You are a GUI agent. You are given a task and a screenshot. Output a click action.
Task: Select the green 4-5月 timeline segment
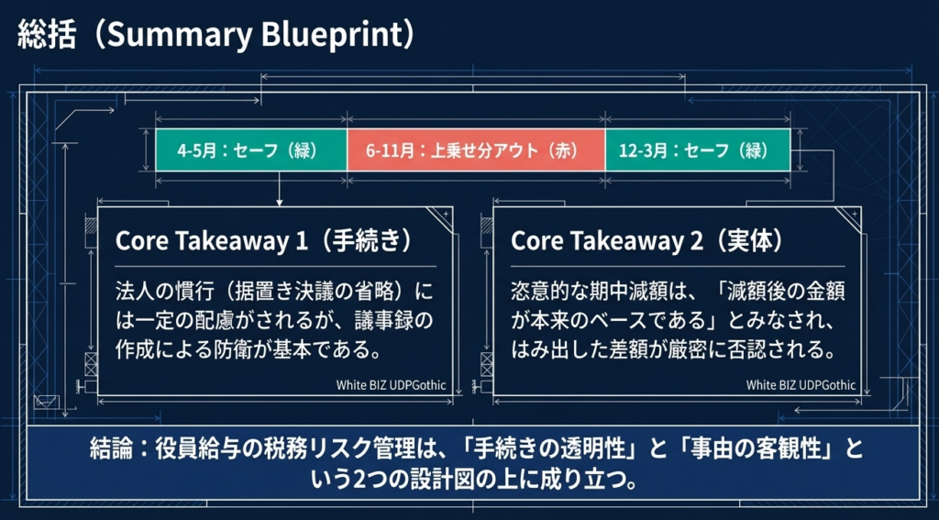[249, 149]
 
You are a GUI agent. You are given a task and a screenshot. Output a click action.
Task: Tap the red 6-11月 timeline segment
[475, 149]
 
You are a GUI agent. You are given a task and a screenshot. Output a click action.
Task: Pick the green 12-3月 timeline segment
[697, 149]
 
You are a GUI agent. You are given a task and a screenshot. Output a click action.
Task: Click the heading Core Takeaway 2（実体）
[646, 240]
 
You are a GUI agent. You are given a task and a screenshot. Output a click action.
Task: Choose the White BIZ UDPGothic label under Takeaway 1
[392, 385]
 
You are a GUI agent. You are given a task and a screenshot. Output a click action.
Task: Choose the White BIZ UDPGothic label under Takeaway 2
[801, 385]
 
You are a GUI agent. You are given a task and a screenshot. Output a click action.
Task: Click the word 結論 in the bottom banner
[111, 450]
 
